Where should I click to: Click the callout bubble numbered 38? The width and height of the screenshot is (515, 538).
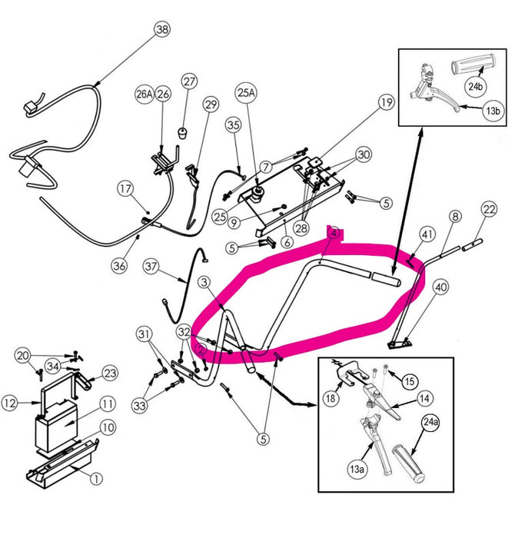(x=161, y=30)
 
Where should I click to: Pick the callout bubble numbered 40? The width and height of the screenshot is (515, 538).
(x=440, y=287)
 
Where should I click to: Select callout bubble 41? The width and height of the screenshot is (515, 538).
(x=428, y=234)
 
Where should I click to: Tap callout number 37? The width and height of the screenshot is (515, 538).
(x=151, y=268)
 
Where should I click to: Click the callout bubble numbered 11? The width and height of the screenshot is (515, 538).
(x=106, y=403)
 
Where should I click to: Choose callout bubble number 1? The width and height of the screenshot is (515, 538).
(x=96, y=478)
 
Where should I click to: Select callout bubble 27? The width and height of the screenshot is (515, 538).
(x=189, y=82)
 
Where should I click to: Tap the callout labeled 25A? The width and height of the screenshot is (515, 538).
(x=246, y=93)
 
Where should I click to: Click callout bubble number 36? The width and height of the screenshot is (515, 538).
(x=118, y=265)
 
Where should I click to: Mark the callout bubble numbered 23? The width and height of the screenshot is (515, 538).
(x=110, y=374)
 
